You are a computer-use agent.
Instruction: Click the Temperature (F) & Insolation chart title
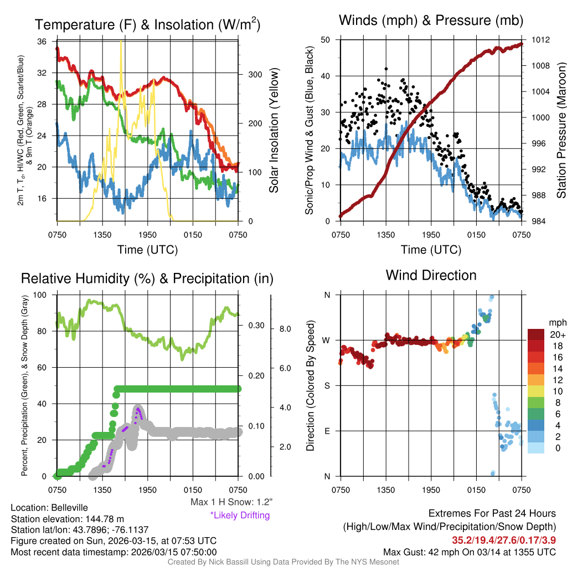pos(147,24)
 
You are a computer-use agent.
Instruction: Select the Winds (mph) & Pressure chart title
pos(431,20)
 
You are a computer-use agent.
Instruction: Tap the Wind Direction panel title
pos(431,275)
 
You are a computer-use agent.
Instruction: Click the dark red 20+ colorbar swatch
pos(537,335)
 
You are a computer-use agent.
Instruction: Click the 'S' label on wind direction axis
pos(327,385)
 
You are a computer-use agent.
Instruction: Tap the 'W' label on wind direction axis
pos(326,340)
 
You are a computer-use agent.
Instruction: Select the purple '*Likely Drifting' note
pos(240,515)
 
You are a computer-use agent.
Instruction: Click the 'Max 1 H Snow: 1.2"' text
pos(231,502)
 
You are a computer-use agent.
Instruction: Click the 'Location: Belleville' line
pos(49,507)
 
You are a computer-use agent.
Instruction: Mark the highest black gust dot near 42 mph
pos(386,69)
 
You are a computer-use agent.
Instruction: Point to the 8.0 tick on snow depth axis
pos(284,329)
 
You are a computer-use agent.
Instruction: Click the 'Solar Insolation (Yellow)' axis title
pos(274,131)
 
